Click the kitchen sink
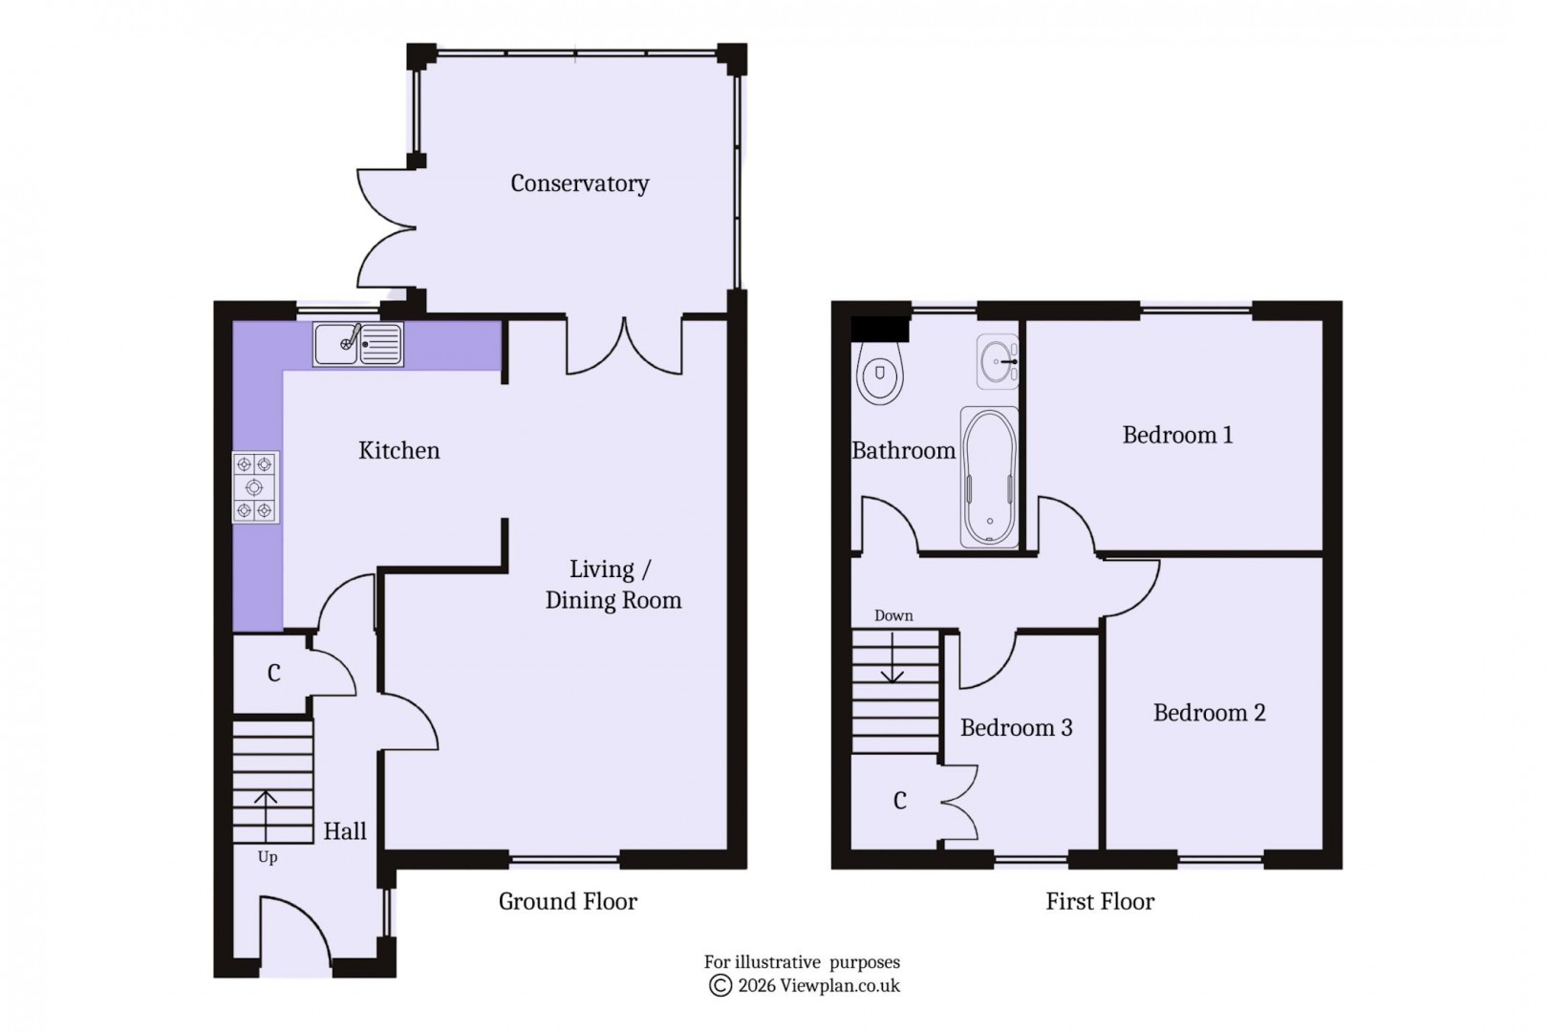point(358,344)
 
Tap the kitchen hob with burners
point(255,487)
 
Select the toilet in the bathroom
point(880,375)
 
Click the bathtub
point(989,477)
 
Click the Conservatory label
point(579,183)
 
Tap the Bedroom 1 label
point(1176,436)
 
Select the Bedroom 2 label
point(1208,713)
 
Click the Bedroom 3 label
point(1016,728)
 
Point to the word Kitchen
point(398,451)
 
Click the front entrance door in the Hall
point(294,932)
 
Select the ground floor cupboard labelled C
point(273,674)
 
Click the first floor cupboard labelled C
point(899,801)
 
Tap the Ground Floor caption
point(568,901)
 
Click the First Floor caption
point(1100,901)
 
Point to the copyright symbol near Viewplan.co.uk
point(720,986)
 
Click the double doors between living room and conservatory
point(625,348)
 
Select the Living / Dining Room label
point(613,585)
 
